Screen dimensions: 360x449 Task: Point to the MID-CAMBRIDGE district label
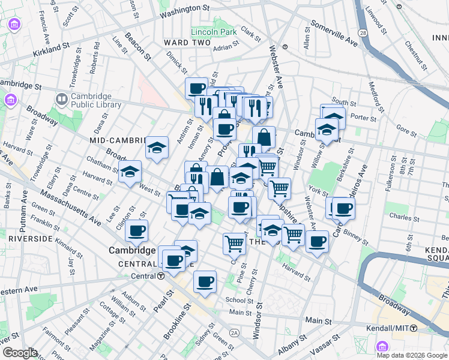pos(118,140)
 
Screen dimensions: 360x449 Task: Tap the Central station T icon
pos(161,276)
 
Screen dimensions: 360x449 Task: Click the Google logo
pos(19,353)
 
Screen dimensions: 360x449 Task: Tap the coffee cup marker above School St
pos(205,281)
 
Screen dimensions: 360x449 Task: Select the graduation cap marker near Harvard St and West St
pos(130,172)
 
